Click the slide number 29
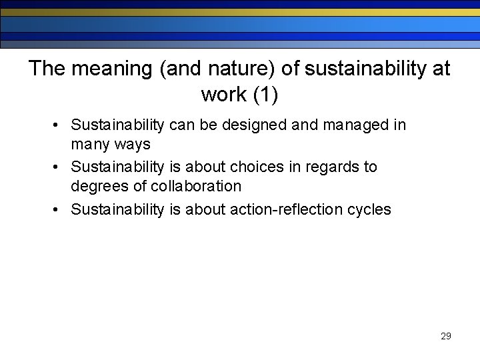446,336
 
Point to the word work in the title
223,95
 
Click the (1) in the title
265,95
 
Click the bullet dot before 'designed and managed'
59,125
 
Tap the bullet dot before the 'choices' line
59,167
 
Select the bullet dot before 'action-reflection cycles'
59,209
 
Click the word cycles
369,209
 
